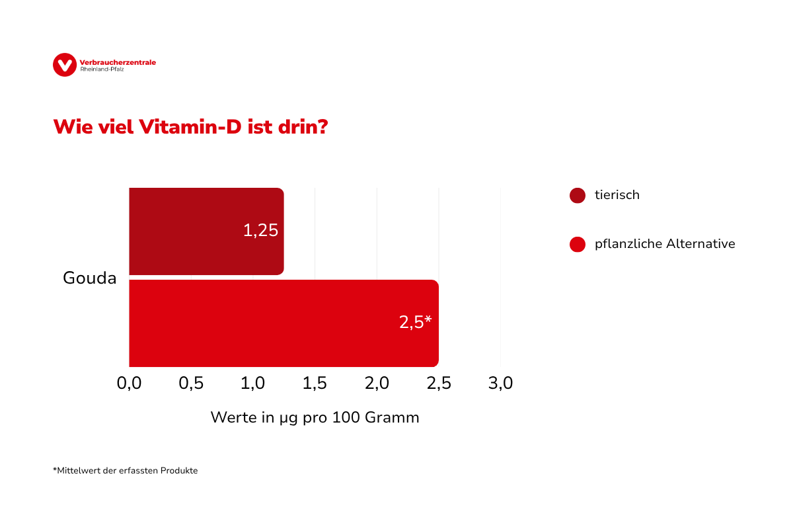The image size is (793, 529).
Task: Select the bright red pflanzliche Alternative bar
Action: click(264, 323)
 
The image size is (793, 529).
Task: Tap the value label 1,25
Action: click(260, 231)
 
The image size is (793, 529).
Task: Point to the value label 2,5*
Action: click(415, 323)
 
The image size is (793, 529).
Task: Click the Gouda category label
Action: click(90, 278)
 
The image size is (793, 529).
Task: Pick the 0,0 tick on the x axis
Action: click(129, 384)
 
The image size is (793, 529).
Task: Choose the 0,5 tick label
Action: click(191, 384)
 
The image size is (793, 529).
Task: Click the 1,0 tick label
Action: click(253, 384)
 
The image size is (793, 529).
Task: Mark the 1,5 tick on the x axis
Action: click(315, 384)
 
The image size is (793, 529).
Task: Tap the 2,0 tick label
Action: click(377, 384)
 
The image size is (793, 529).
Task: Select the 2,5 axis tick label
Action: click(439, 384)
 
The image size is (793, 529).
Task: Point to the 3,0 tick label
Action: click(500, 384)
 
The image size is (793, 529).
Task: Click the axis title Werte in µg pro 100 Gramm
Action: click(315, 418)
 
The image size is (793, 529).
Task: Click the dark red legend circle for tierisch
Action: click(578, 196)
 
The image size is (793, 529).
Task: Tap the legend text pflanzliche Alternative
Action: click(665, 244)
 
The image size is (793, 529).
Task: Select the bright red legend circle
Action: click(578, 245)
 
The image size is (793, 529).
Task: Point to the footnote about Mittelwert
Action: click(126, 471)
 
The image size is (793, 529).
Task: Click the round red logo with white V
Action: click(65, 65)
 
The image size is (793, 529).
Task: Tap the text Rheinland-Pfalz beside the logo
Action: click(102, 69)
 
